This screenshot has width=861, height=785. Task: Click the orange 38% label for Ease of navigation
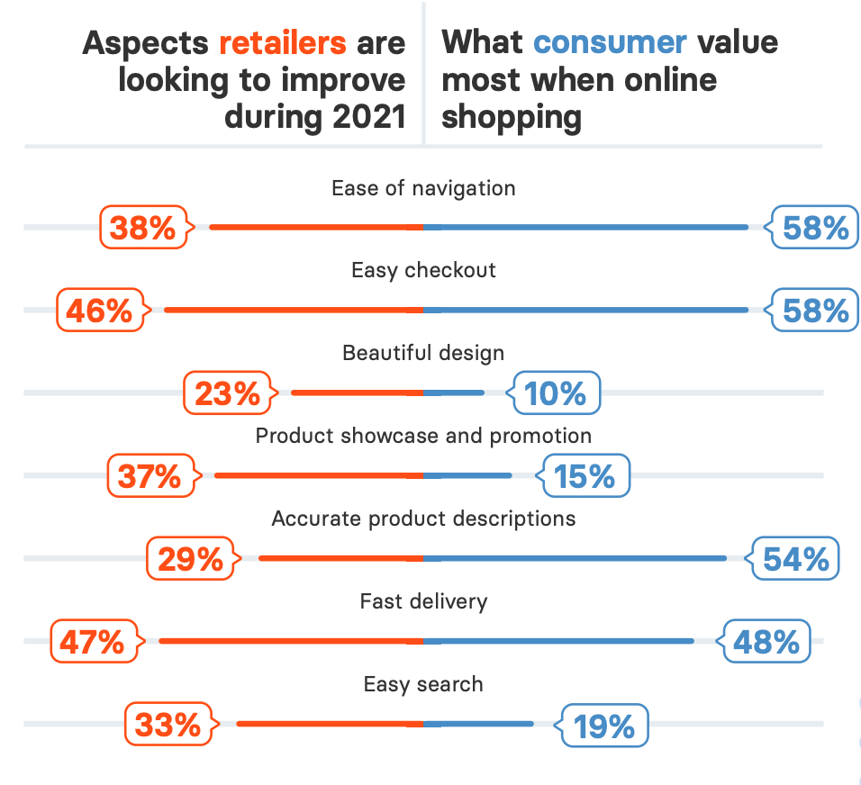[x=143, y=228]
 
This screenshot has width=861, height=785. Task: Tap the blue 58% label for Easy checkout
[x=815, y=311]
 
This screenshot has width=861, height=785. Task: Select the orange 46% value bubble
[x=99, y=311]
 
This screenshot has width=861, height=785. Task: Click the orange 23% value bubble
[x=227, y=393]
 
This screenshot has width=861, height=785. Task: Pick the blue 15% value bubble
[x=585, y=476]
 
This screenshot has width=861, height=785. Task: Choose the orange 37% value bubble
[x=150, y=476]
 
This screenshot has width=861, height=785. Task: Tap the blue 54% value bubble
[x=795, y=559]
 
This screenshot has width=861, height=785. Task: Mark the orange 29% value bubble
[x=190, y=559]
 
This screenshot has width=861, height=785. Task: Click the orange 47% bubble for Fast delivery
[x=93, y=642]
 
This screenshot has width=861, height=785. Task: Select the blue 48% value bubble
[x=766, y=642]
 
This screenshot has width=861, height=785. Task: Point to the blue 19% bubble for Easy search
[x=604, y=725]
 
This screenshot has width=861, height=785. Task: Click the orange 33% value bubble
[x=168, y=725]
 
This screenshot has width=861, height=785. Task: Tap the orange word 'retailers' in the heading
[x=282, y=42]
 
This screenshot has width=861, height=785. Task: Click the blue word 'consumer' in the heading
[x=610, y=42]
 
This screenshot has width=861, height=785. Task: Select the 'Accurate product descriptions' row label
[x=423, y=519]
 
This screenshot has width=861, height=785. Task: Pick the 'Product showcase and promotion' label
[x=423, y=436]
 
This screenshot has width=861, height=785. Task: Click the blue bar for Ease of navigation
[x=585, y=228]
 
